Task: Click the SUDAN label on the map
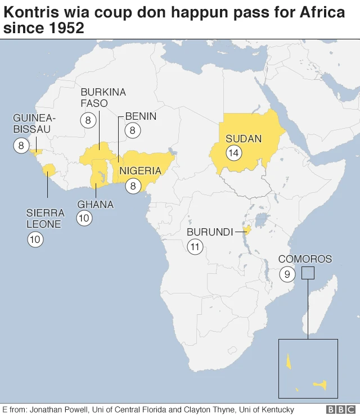click(x=244, y=139)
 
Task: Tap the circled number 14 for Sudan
click(x=233, y=152)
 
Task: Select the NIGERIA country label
click(x=140, y=171)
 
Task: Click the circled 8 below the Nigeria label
click(x=133, y=186)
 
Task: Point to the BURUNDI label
click(x=210, y=232)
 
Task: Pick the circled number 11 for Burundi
click(x=195, y=246)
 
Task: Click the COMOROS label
click(x=305, y=259)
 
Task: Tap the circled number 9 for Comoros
click(x=287, y=274)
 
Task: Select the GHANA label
click(x=95, y=204)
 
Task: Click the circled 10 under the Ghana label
click(x=84, y=219)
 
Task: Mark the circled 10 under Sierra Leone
click(x=35, y=239)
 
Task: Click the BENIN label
click(x=141, y=116)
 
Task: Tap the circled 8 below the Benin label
click(x=133, y=131)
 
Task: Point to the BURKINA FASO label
click(x=103, y=98)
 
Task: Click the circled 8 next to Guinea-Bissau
click(x=21, y=146)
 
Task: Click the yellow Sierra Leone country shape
click(x=49, y=170)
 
